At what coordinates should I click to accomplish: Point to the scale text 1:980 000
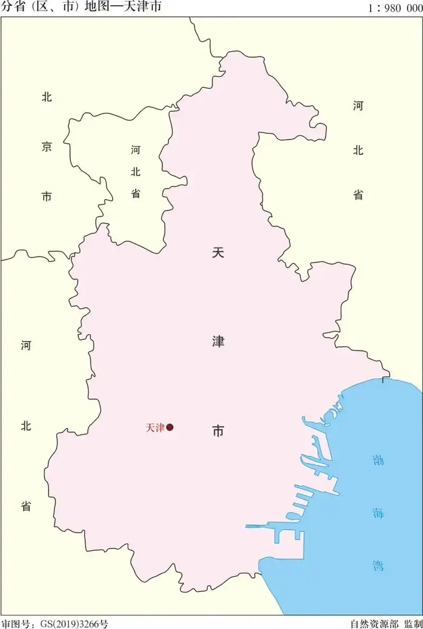(394, 8)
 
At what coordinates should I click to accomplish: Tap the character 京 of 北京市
(47, 147)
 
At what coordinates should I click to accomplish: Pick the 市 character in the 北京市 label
(47, 197)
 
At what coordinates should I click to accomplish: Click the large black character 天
(218, 253)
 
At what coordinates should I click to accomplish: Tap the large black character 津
(218, 341)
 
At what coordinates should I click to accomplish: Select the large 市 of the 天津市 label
(218, 430)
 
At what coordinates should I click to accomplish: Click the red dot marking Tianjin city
(170, 428)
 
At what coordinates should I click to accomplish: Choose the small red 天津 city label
(155, 428)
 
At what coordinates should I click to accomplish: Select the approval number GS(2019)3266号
(74, 624)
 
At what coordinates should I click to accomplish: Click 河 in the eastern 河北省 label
(358, 106)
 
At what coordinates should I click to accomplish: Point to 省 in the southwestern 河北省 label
(26, 506)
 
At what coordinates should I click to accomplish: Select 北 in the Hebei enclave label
(136, 171)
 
